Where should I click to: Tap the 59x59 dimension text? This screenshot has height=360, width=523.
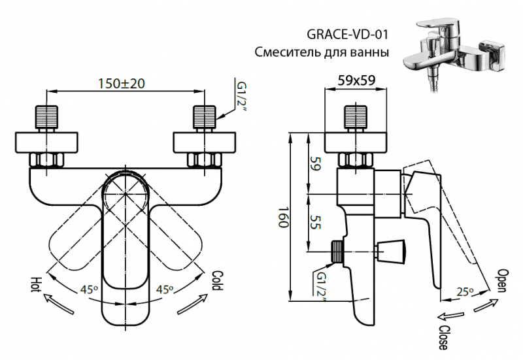pyautogui.click(x=358, y=83)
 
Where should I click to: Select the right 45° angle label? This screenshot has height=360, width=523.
pyautogui.click(x=165, y=290)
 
